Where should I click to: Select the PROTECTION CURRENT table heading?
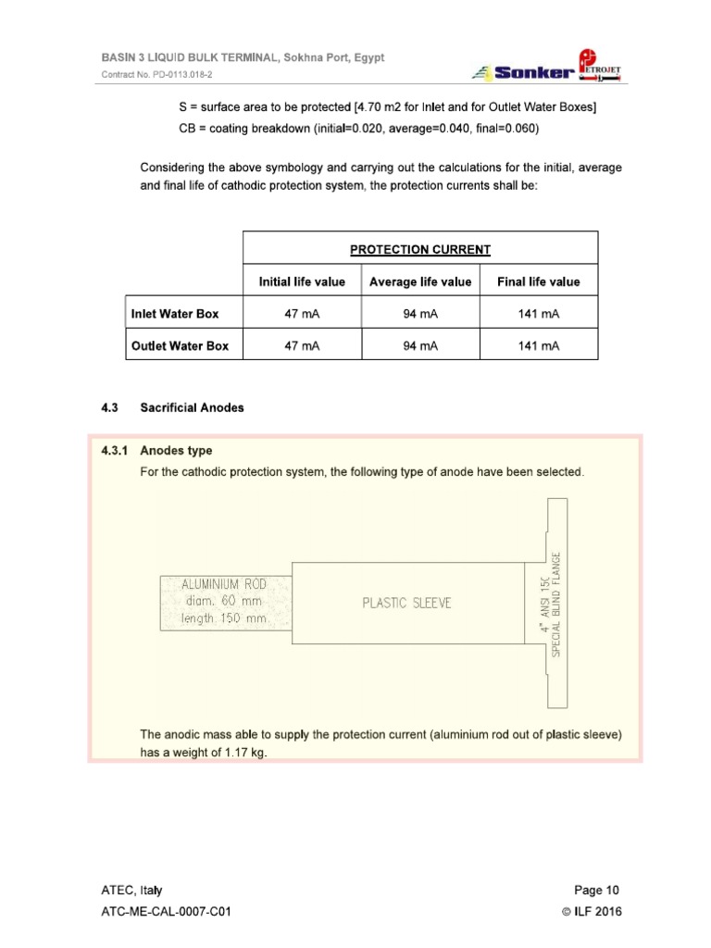point(419,250)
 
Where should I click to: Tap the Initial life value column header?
point(301,281)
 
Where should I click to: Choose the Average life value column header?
point(420,281)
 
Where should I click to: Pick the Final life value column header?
point(539,281)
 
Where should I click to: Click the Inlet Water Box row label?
point(175,314)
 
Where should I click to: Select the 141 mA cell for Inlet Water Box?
point(539,314)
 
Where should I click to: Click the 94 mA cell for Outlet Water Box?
point(420,346)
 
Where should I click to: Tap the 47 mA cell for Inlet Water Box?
point(301,314)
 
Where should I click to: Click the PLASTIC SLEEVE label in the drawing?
point(406,603)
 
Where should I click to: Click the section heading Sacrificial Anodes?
point(192,407)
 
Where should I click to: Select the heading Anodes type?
point(176,451)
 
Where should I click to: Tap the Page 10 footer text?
point(596,891)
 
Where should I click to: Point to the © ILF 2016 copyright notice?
point(592,912)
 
